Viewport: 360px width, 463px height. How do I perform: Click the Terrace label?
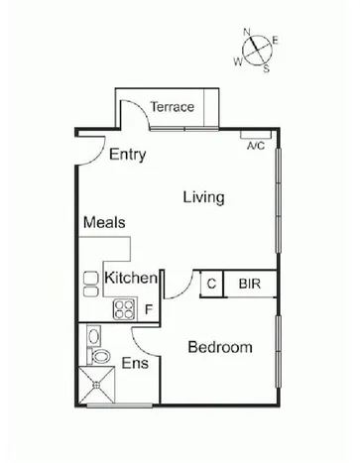click(171, 108)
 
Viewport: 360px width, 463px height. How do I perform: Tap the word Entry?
click(128, 155)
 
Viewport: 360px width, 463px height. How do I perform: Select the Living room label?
click(203, 197)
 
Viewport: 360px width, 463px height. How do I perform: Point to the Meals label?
click(104, 222)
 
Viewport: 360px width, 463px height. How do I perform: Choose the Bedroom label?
click(219, 348)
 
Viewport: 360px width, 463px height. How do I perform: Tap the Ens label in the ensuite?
click(135, 364)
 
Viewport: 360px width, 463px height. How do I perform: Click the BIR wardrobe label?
click(249, 284)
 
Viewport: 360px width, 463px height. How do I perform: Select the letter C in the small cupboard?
click(210, 284)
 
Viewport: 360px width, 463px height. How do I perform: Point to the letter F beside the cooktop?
click(148, 309)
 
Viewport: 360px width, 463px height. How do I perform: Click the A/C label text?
click(255, 145)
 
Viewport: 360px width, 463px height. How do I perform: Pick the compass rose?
click(258, 50)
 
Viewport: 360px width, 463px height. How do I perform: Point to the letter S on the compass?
click(267, 68)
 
